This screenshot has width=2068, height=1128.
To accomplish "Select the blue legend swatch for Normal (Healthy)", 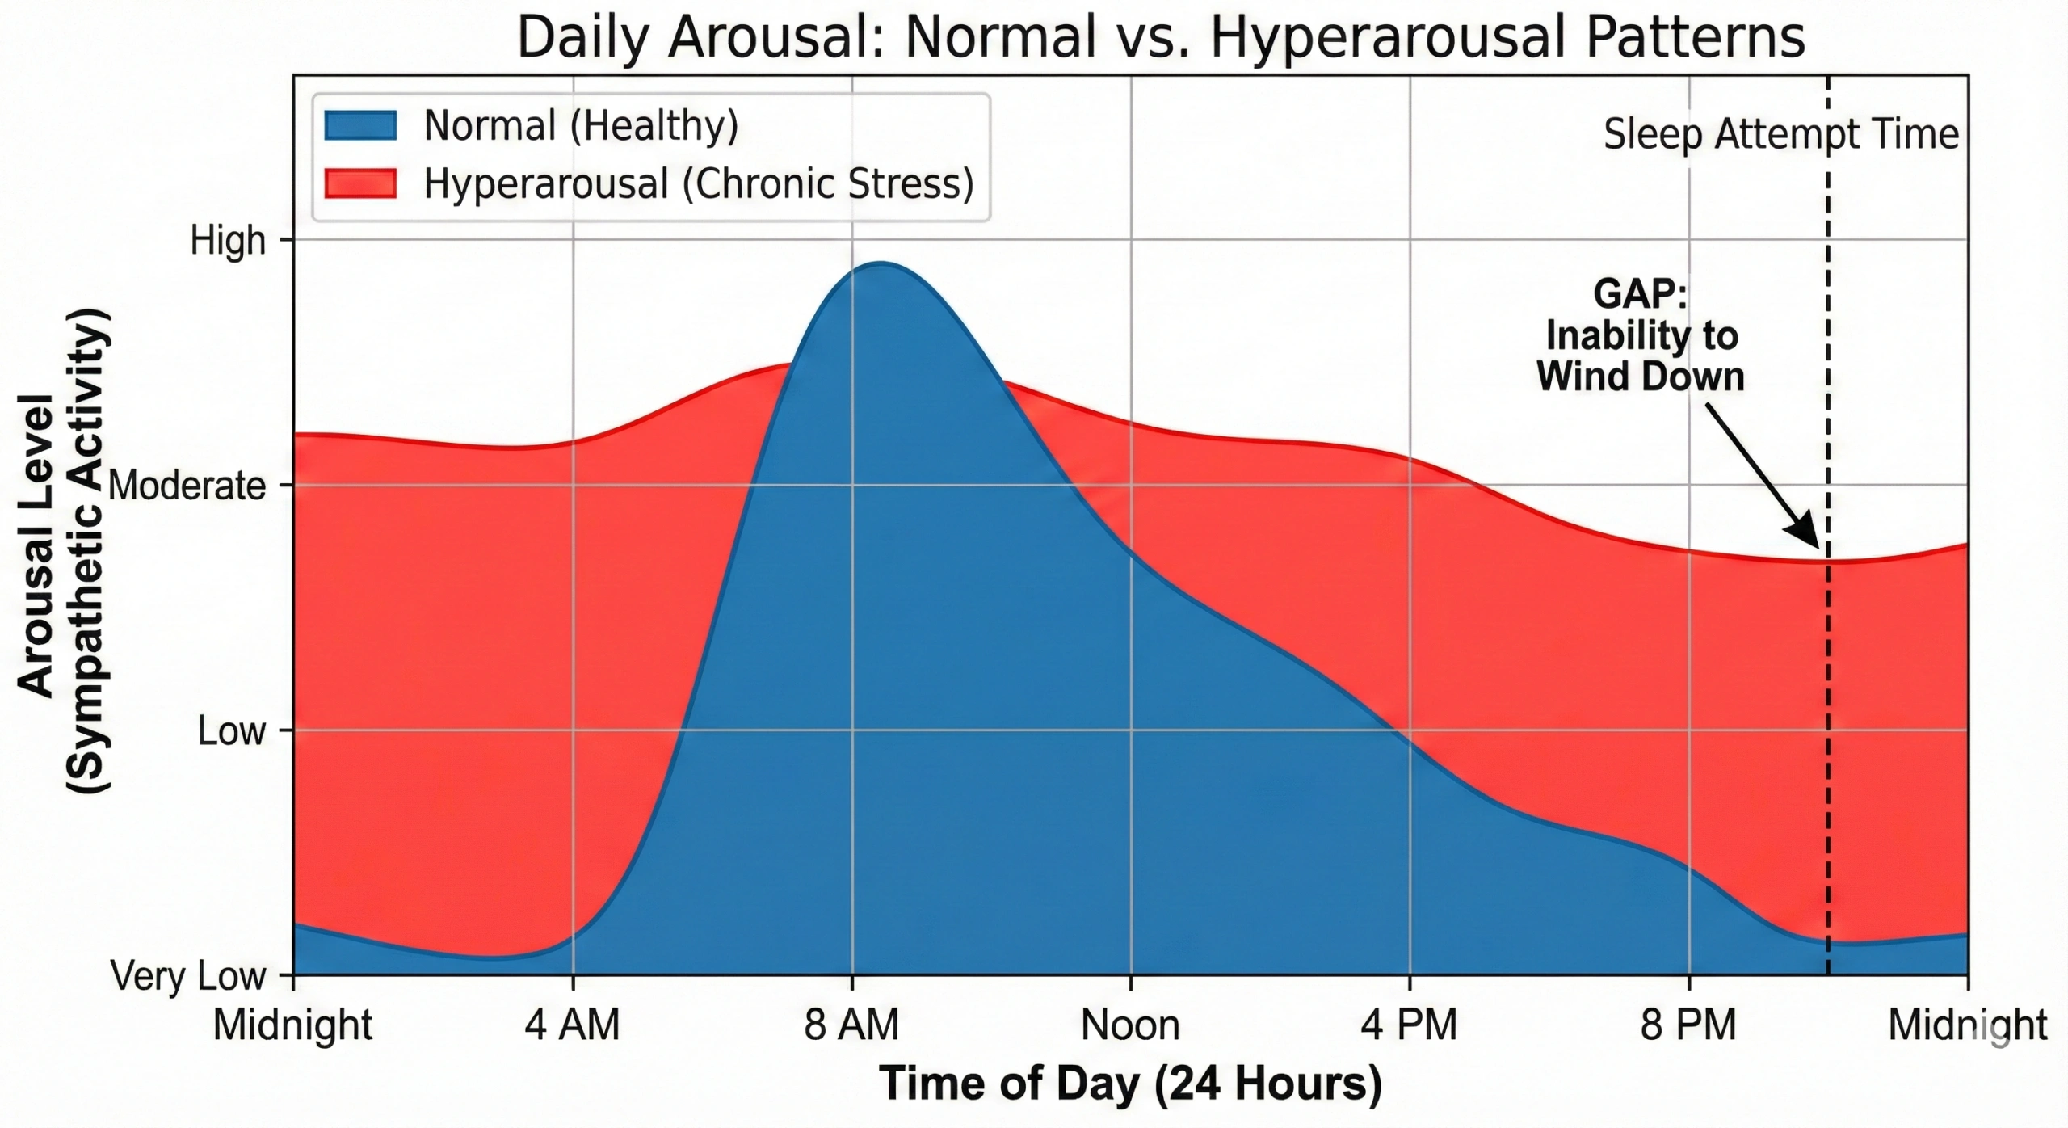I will [360, 126].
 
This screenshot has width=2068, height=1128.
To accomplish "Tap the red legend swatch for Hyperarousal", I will [360, 183].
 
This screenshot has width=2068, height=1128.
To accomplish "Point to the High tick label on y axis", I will [228, 241].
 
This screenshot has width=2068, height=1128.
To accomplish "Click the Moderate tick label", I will [187, 486].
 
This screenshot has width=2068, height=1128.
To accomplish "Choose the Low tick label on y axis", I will [231, 731].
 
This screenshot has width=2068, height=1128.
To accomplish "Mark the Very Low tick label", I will [188, 976].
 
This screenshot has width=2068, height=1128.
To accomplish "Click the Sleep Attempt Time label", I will [1781, 134].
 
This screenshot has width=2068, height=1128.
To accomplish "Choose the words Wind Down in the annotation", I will [1640, 377].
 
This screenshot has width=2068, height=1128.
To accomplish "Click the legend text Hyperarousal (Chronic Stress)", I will [699, 184].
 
